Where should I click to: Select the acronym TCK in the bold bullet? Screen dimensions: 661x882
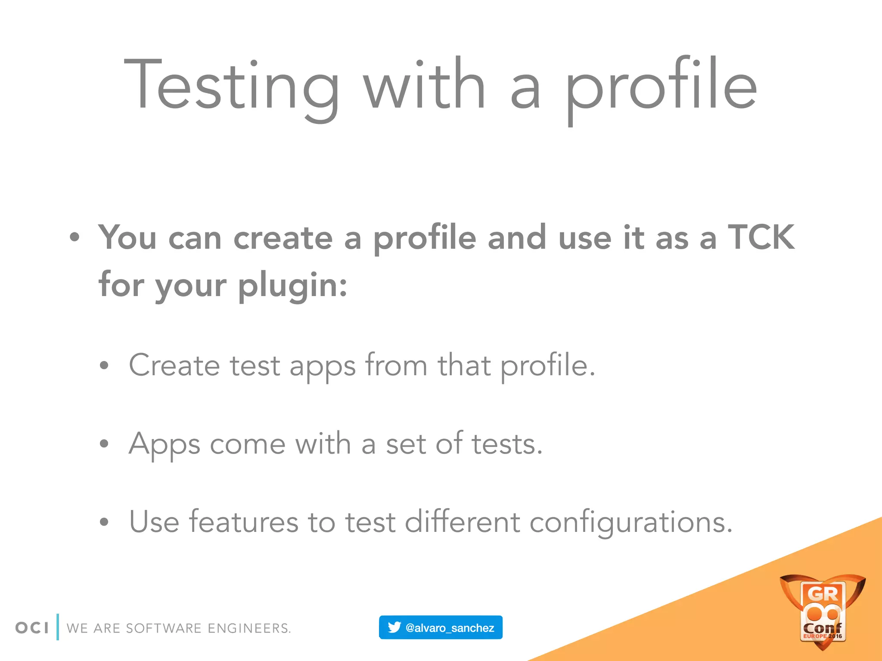click(761, 237)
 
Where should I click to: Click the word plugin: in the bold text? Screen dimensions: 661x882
click(292, 285)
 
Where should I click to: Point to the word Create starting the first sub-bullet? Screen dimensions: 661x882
click(174, 365)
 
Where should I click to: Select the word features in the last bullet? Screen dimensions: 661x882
click(243, 522)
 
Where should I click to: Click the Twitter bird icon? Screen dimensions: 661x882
click(394, 627)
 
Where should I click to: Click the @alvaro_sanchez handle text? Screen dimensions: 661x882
click(450, 628)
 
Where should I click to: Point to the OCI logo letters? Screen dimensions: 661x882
click(32, 628)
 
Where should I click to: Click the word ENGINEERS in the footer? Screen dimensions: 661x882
click(249, 628)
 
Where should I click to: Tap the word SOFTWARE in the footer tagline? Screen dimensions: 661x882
click(164, 628)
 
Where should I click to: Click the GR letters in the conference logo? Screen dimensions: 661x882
click(823, 594)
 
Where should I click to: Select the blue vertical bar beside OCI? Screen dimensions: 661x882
click(58, 627)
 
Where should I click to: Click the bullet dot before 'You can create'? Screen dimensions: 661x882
click(75, 237)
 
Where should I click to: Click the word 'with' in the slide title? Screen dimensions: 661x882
click(425, 86)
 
